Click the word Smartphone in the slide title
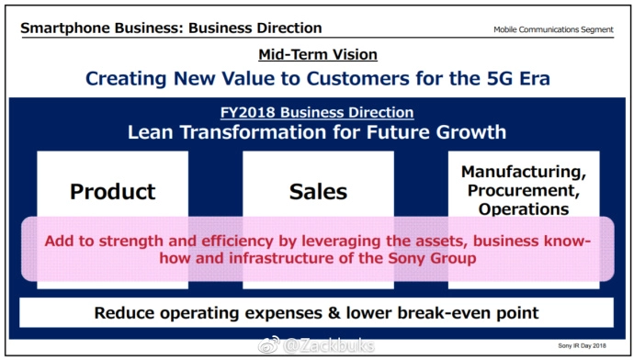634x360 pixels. tap(65, 28)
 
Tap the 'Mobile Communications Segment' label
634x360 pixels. tap(553, 29)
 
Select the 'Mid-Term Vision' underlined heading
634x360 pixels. tap(318, 54)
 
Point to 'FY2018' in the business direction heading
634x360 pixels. tap(247, 112)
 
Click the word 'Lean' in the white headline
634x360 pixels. tap(151, 132)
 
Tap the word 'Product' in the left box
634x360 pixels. tap(113, 192)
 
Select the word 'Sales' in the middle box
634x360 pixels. tap(318, 192)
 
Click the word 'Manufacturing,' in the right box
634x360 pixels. tap(524, 172)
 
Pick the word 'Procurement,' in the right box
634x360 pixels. tap(524, 191)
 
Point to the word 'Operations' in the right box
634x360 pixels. tap(524, 209)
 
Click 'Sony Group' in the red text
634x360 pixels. tap(432, 258)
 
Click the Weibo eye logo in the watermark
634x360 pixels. tap(269, 345)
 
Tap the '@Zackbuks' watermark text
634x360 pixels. tap(329, 345)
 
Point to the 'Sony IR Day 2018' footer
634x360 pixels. tap(582, 345)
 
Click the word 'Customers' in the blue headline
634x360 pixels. tap(357, 78)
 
